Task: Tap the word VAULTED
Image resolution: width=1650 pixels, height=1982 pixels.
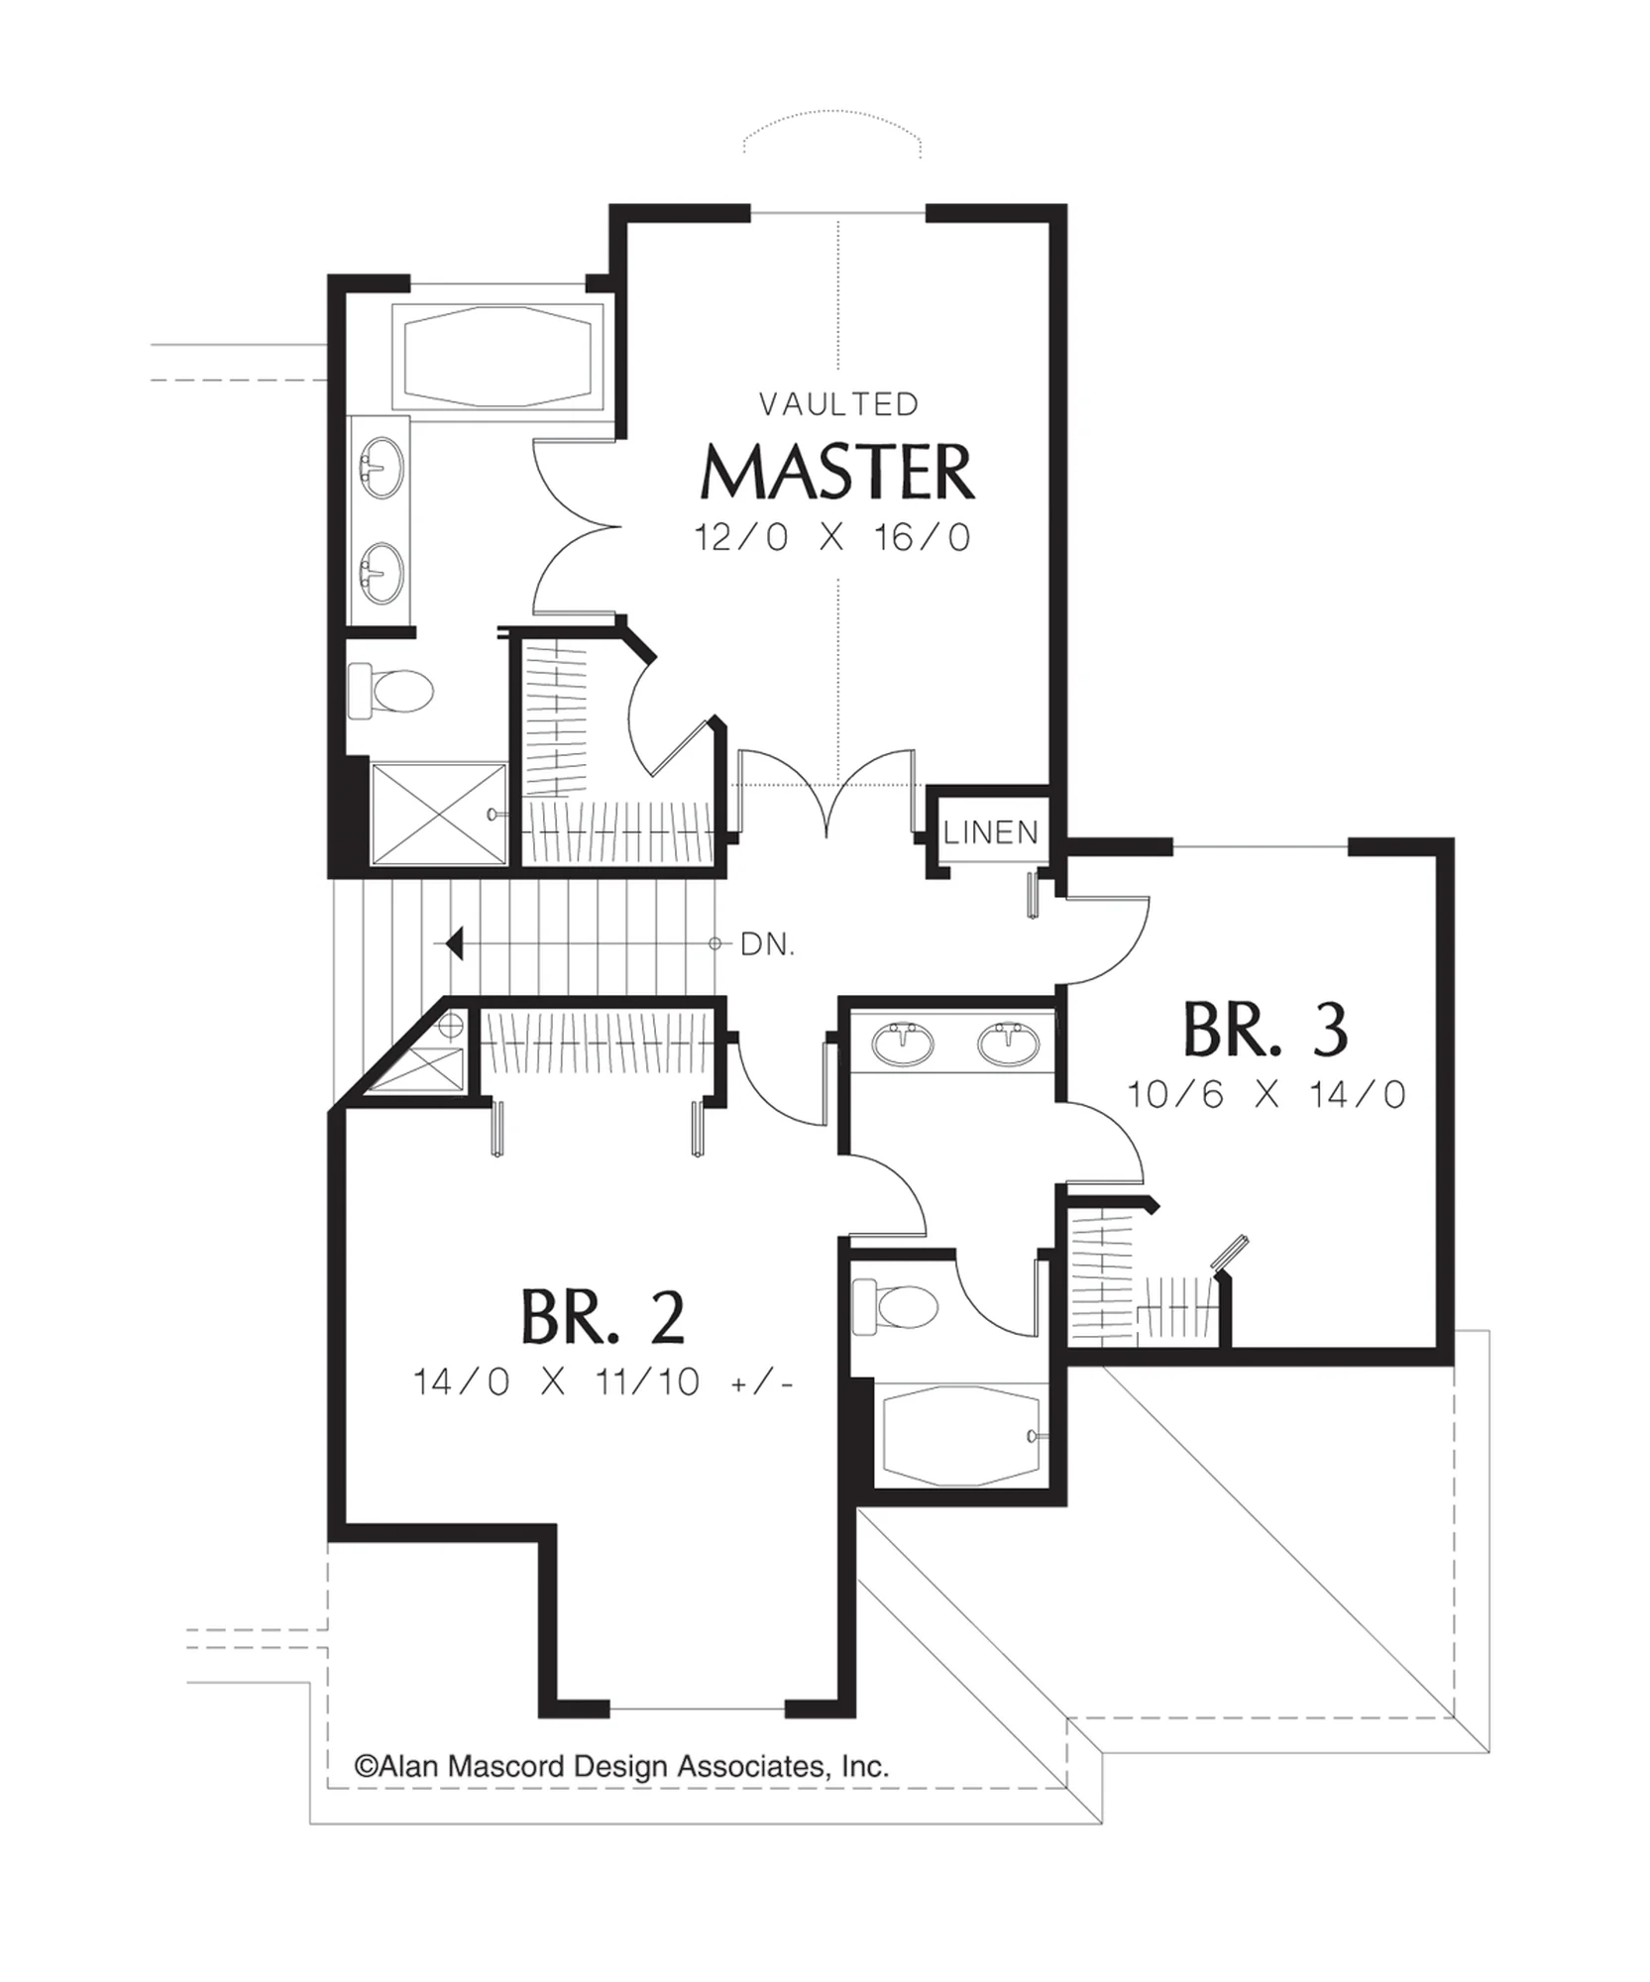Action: coord(839,404)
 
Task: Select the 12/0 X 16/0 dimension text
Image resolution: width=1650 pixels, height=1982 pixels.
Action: coord(831,538)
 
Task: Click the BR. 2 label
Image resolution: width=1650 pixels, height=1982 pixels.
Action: coord(603,1316)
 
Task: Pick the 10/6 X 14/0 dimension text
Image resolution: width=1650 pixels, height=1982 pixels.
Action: coord(1266,1095)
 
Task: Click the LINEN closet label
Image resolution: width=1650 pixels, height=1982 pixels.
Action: coord(991,832)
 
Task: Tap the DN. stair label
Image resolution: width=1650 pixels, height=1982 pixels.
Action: coord(768,945)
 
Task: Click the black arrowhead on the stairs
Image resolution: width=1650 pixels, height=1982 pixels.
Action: coord(454,944)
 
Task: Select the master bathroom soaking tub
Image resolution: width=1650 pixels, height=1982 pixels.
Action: coord(498,356)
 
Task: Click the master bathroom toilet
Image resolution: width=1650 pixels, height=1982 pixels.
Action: coord(391,690)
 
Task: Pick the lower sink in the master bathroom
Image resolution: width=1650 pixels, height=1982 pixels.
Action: coord(382,573)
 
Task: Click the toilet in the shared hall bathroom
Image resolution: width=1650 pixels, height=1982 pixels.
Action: coord(895,1305)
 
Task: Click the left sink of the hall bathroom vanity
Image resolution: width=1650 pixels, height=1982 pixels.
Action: coord(903,1044)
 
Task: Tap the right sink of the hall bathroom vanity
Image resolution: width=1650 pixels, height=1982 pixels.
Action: coord(1008,1044)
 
